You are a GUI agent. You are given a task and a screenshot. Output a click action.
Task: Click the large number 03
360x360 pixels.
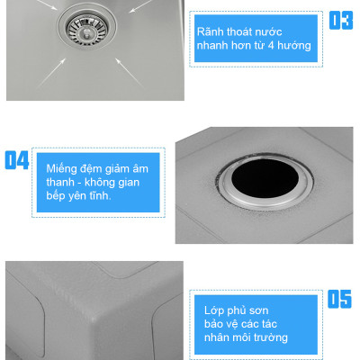(341, 21)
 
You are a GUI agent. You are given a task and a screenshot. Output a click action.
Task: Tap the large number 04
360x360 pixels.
(17, 160)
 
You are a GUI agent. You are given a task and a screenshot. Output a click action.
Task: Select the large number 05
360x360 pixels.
(339, 299)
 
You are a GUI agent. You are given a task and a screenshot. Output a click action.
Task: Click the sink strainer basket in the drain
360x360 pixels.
(86, 29)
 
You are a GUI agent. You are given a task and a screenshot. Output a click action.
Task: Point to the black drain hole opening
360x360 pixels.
(265, 178)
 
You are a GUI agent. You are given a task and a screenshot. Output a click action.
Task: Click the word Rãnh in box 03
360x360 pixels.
(211, 31)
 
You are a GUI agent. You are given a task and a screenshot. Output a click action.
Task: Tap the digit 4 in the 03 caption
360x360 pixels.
(271, 46)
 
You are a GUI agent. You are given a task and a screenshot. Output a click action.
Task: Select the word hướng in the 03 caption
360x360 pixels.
(294, 46)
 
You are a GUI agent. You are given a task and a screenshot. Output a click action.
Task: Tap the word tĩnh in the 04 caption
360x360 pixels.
(99, 195)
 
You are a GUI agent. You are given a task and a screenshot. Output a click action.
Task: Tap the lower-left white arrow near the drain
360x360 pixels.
(50, 73)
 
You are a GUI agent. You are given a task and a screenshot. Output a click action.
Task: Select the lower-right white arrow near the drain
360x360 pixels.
(130, 72)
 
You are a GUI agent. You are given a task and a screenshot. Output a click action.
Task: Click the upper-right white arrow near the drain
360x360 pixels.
(141, 6)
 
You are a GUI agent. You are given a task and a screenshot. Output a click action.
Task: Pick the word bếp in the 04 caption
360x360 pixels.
(56, 196)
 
